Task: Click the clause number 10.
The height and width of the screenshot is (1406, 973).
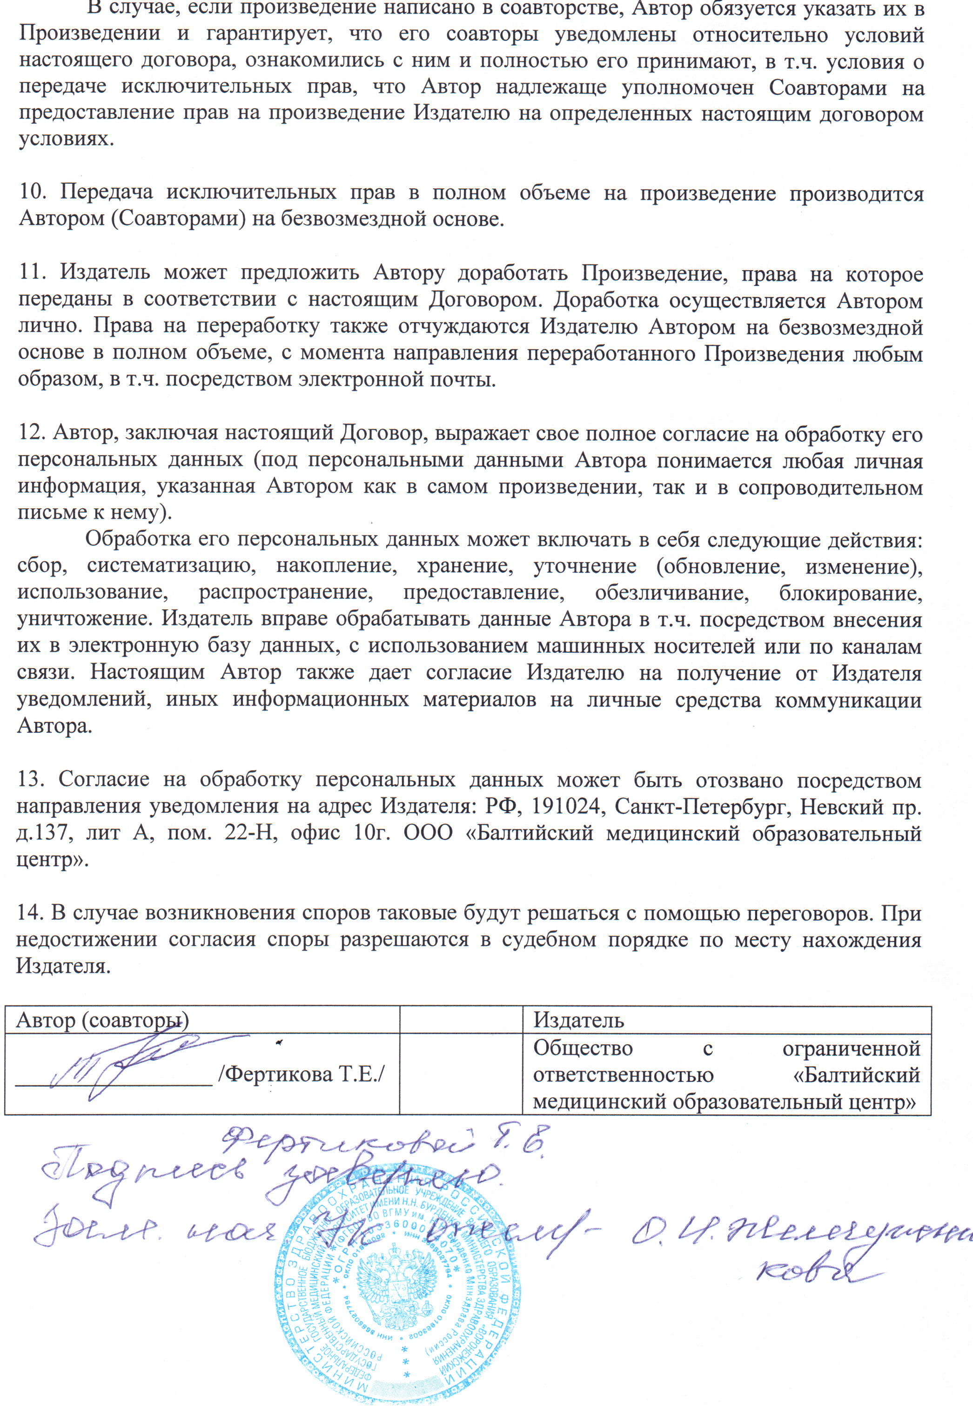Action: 32,192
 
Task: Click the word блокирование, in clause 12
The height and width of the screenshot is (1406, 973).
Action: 851,592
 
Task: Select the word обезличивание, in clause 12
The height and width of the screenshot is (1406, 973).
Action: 671,592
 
